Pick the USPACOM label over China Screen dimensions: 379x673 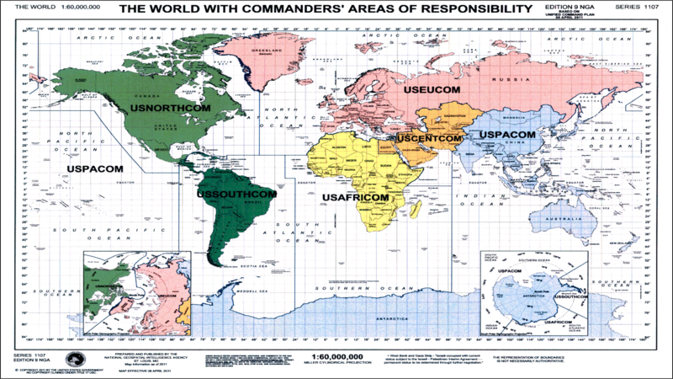coord(502,135)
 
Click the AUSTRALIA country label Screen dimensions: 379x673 coord(555,220)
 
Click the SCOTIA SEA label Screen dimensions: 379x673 coord(249,268)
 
